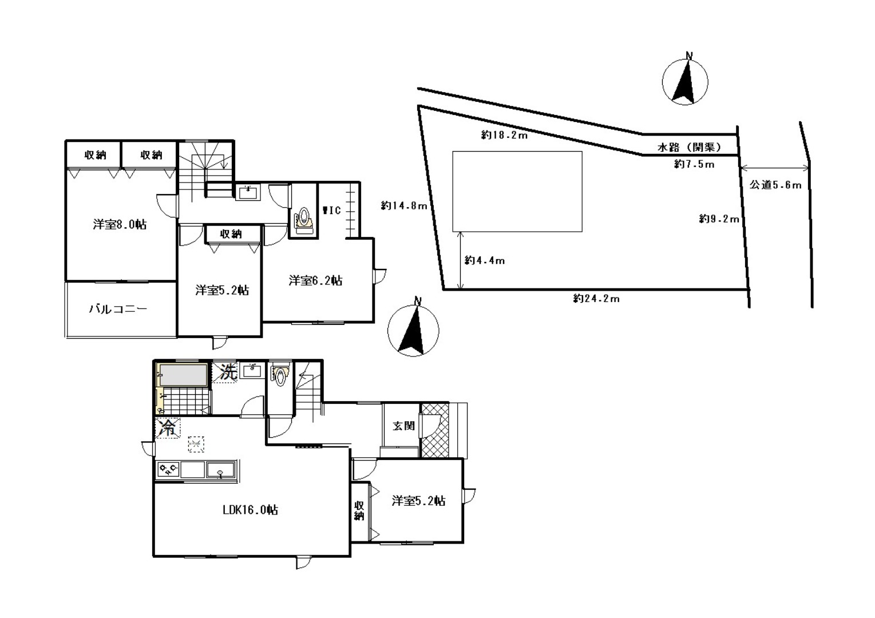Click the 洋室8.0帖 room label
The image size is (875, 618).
[120, 225]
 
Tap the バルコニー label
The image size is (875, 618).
[118, 309]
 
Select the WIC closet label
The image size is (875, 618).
[332, 211]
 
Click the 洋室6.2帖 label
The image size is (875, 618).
[315, 280]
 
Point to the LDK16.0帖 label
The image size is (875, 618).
[251, 510]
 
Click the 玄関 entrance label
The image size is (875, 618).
[403, 426]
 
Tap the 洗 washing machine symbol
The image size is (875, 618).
[228, 372]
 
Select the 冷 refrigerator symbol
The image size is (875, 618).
[168, 428]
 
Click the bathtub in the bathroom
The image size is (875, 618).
[183, 375]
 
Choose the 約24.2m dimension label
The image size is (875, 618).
[596, 299]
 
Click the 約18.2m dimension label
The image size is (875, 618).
[504, 135]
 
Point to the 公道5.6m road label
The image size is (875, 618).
[775, 185]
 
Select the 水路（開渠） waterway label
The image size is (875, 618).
[690, 147]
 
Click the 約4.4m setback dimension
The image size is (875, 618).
[484, 260]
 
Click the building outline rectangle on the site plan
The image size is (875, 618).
[517, 192]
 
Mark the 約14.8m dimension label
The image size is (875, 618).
[404, 205]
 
